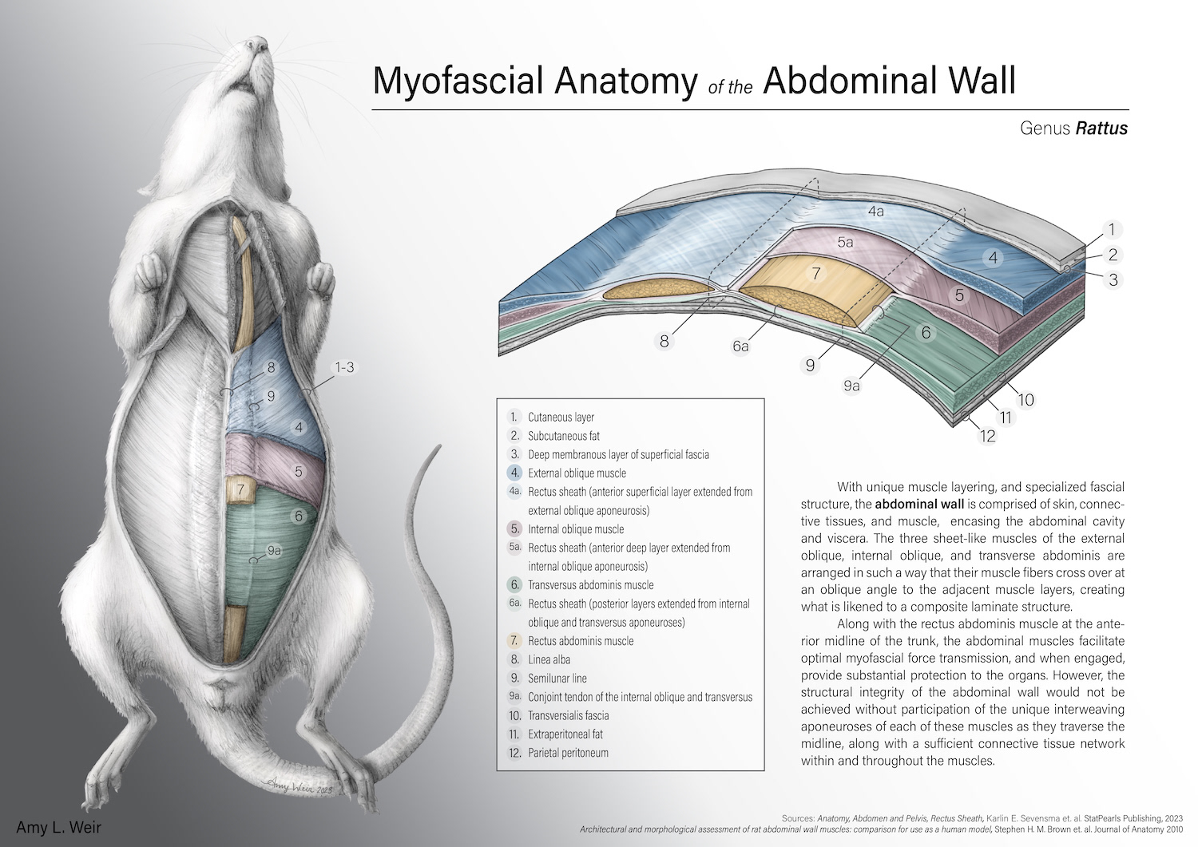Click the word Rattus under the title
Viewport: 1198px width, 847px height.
[x=1101, y=129]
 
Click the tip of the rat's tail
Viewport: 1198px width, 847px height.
[x=438, y=448]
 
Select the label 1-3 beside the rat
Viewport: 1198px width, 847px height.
[x=344, y=367]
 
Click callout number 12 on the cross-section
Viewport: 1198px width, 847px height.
[x=988, y=436]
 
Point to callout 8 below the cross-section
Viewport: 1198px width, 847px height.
[x=664, y=341]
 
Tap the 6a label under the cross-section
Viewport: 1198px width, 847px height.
[x=740, y=346]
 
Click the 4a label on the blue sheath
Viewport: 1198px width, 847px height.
[x=875, y=212]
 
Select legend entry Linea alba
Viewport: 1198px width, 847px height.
[x=549, y=659]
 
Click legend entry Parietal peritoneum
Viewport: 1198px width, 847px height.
[x=568, y=753]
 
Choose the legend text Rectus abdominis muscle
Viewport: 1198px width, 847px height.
[x=581, y=641]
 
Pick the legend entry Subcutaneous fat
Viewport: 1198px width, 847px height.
[x=563, y=436]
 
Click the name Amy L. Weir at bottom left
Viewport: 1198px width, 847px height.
[x=59, y=828]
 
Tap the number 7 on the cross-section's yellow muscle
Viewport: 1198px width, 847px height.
[x=815, y=274]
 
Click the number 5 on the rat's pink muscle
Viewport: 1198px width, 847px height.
[x=298, y=472]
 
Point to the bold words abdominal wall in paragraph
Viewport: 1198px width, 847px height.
[x=919, y=505]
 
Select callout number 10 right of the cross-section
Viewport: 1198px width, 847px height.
[x=1025, y=399]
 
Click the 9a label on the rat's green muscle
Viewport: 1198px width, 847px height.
[x=274, y=550]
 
